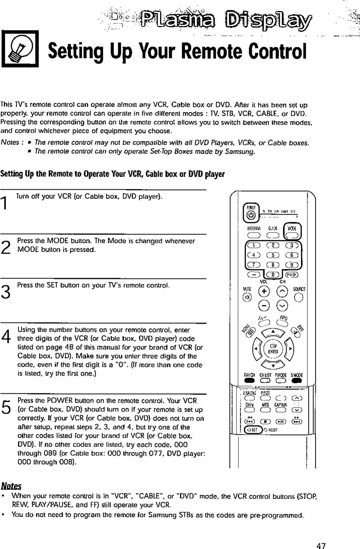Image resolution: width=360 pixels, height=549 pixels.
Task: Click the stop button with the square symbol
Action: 264,420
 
